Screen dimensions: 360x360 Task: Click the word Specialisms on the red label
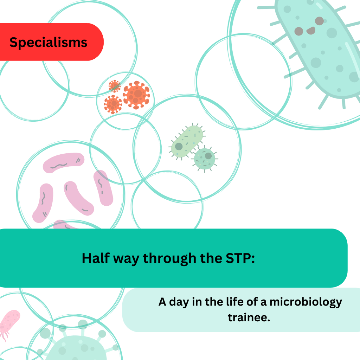coord(48,42)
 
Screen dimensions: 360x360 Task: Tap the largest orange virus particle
coord(136,94)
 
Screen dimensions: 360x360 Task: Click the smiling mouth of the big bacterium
coord(311,31)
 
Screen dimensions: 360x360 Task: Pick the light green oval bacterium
coord(187,141)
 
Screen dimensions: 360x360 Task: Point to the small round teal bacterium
coord(205,158)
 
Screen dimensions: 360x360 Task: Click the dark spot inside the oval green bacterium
coord(179,147)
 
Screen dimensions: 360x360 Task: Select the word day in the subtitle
coord(179,302)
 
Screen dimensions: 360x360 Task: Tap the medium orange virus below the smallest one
coord(113,104)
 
